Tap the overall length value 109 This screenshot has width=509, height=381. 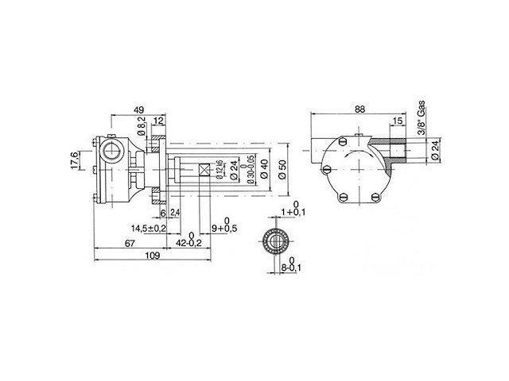(x=153, y=256)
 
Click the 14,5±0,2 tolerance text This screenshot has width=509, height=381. (x=149, y=229)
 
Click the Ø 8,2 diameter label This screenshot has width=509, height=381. (x=142, y=126)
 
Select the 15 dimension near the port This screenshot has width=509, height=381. (x=396, y=120)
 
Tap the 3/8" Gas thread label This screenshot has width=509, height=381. (x=420, y=119)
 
